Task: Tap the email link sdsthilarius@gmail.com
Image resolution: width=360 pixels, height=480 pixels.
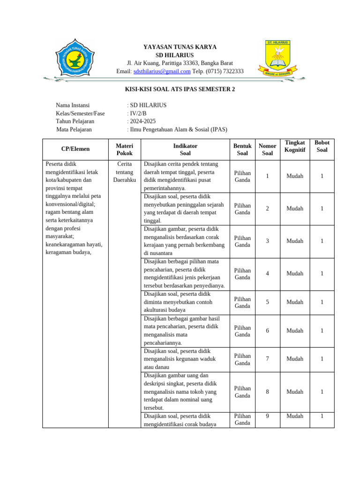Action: coord(162,71)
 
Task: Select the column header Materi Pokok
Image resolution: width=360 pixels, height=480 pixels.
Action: coord(124,150)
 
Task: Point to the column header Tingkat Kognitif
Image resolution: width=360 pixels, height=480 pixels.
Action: coord(295,146)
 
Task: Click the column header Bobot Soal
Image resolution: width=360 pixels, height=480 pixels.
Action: coord(322,146)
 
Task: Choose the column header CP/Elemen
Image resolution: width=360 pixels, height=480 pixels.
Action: coord(75,149)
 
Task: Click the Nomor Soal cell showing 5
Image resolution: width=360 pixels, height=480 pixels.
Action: coord(267,302)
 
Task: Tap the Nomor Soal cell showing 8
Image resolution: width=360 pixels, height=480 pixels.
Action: coord(267,392)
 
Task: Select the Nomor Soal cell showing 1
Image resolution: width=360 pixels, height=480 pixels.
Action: coord(267,176)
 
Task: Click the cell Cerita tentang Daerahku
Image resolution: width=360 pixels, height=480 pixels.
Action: coord(124,172)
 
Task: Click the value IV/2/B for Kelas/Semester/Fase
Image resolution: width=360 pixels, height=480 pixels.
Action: coord(138,113)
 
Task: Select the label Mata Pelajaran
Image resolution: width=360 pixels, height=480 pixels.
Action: coord(74,129)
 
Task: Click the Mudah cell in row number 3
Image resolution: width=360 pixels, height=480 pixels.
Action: coord(295,241)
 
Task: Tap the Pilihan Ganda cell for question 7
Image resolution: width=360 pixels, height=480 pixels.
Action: coord(242,359)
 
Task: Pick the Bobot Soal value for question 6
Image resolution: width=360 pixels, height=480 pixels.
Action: coord(322,331)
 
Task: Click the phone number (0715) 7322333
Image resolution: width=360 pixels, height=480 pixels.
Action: coord(222,71)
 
